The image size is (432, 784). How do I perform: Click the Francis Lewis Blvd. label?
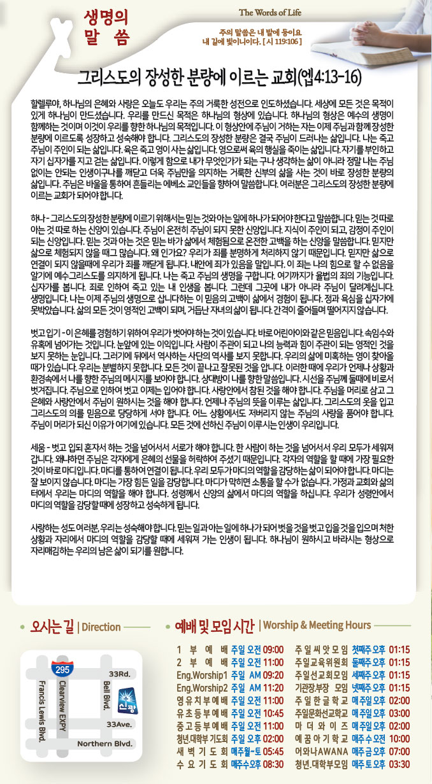click(x=41, y=711)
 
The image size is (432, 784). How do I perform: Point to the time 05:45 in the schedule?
click(x=272, y=751)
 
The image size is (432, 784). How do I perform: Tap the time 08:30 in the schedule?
click(x=272, y=764)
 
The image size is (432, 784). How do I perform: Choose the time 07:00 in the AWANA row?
click(x=399, y=751)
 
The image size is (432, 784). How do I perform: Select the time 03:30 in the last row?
click(x=399, y=764)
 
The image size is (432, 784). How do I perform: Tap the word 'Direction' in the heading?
click(x=101, y=627)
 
